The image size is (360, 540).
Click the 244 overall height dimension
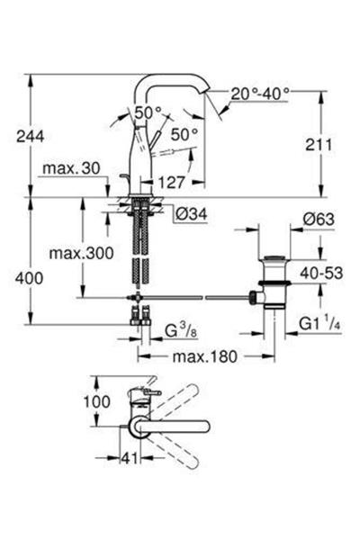29,136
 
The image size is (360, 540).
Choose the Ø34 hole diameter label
189,213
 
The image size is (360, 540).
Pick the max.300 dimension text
80,253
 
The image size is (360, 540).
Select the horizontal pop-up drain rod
198,296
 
